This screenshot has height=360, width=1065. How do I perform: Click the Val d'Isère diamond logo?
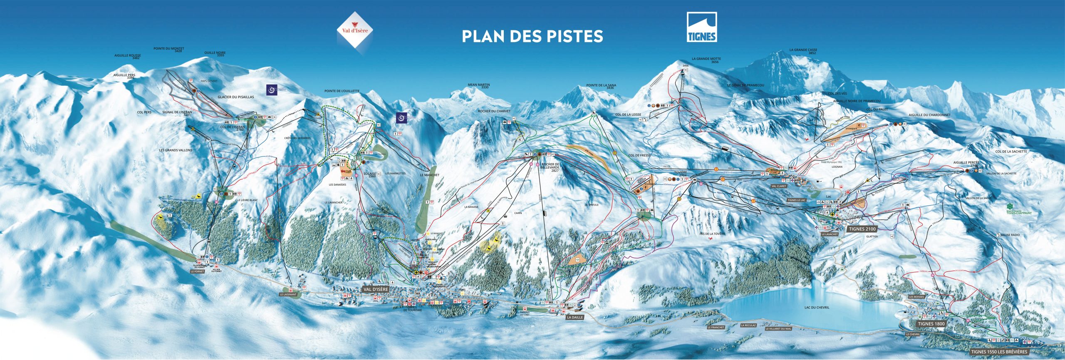click(355, 30)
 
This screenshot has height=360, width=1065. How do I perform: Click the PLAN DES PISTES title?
click(532, 36)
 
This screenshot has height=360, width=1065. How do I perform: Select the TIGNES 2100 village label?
click(862, 229)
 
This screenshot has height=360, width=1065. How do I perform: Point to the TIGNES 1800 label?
click(931, 324)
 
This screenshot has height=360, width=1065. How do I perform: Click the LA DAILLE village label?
click(575, 317)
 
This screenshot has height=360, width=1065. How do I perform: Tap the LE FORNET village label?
click(198, 271)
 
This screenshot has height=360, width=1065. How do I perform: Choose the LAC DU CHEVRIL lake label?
click(817, 308)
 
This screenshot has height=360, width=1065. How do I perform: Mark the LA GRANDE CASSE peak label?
click(803, 51)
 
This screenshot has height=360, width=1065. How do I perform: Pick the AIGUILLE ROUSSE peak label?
click(128, 56)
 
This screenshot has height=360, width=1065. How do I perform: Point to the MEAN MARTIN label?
click(478, 86)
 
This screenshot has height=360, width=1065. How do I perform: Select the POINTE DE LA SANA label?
click(601, 86)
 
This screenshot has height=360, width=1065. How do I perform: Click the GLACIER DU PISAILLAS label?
click(235, 97)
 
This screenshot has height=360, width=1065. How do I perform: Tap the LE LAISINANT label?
click(288, 294)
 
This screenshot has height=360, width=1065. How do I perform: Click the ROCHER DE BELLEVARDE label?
click(550, 167)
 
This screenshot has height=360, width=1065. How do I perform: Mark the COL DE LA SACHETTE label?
click(1011, 151)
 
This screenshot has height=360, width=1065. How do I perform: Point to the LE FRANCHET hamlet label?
click(716, 328)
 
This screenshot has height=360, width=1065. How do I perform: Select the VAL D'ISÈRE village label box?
click(375, 289)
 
